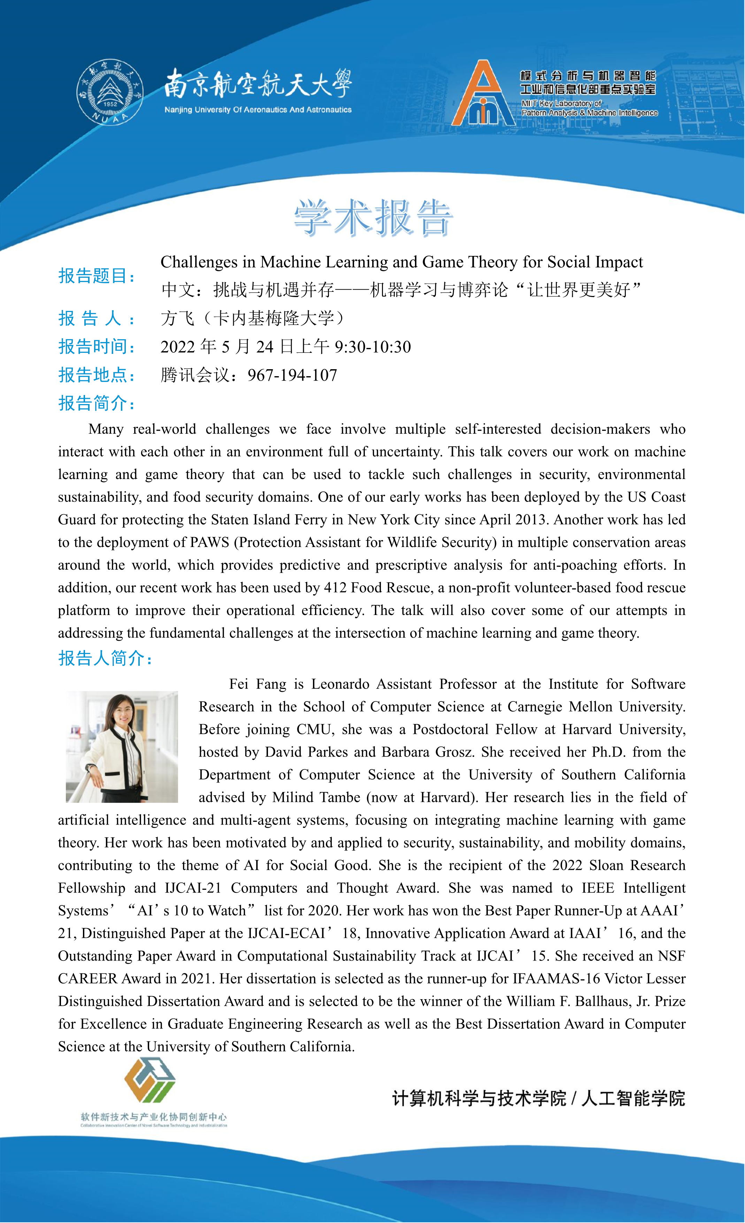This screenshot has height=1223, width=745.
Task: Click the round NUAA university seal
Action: click(110, 92)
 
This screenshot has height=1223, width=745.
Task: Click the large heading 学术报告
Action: click(372, 218)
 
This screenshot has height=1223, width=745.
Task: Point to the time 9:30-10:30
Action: click(372, 347)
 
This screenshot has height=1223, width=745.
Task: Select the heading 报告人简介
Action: click(105, 659)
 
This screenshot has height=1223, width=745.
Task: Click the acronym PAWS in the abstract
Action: click(209, 542)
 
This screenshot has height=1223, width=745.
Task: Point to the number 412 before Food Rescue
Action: click(335, 588)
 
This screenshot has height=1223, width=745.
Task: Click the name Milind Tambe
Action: click(316, 798)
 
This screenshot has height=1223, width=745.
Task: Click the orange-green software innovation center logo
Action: click(150, 1080)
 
